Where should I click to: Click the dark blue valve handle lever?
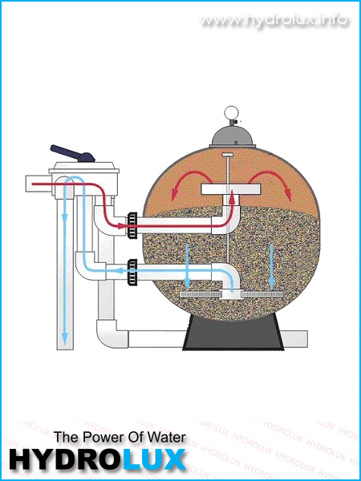point(73,153)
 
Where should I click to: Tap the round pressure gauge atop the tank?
point(231,112)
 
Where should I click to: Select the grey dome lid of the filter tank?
point(233,137)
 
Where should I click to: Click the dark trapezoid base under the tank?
point(233,333)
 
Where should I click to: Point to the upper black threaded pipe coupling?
point(132,226)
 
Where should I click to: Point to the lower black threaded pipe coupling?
point(132,272)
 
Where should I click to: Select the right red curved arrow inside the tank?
point(270,184)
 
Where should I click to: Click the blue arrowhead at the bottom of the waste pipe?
point(64,340)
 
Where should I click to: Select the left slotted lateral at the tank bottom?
point(199,294)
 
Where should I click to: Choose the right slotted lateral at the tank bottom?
point(262,294)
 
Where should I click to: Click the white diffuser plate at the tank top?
point(231,189)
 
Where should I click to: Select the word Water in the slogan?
point(167,437)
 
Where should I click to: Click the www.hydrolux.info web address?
point(274,20)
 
